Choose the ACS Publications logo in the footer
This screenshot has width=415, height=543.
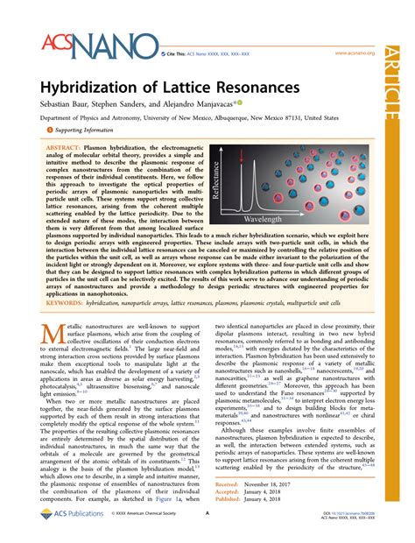(x=74, y=525)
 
